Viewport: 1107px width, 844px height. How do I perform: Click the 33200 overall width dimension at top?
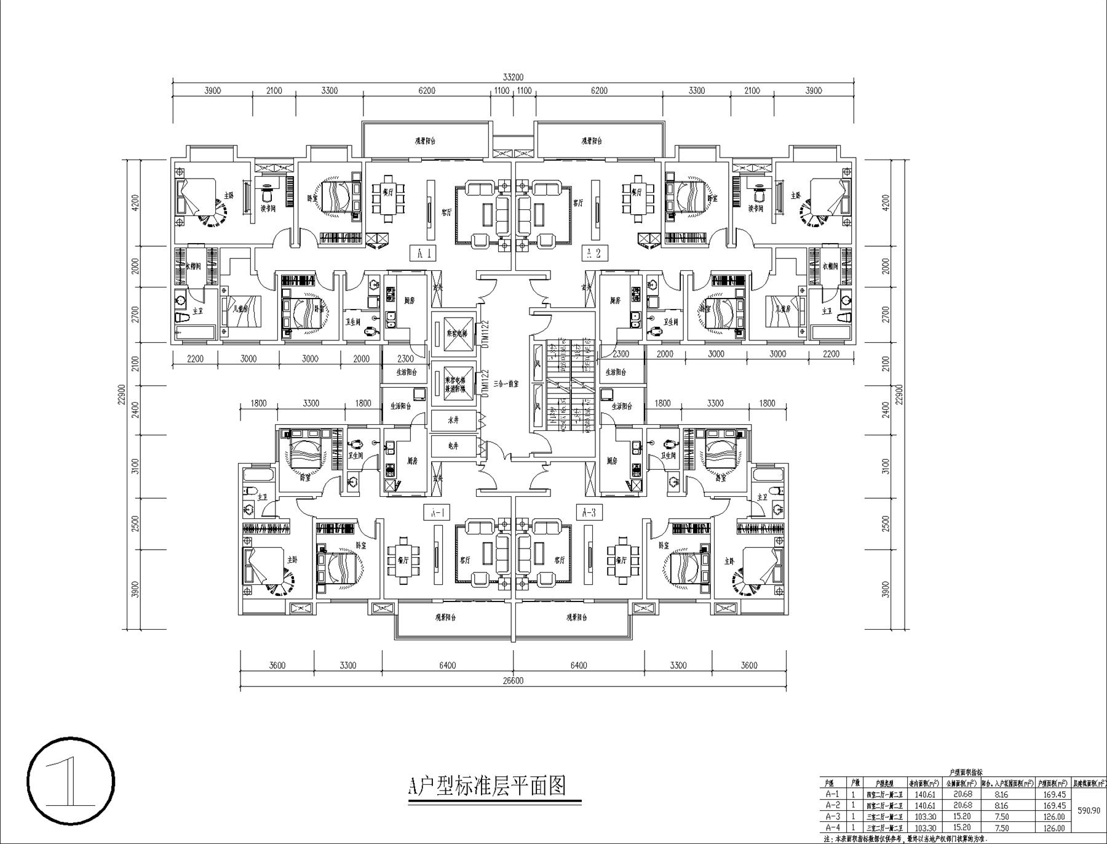coord(512,77)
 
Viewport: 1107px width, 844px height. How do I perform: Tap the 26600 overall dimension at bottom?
coord(512,681)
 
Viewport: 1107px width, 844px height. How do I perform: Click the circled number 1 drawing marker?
coord(71,782)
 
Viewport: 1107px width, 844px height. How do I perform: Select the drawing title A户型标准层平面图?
coord(487,786)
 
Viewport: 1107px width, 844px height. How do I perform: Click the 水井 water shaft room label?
coord(453,420)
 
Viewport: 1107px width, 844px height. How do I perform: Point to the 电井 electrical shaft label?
coord(453,446)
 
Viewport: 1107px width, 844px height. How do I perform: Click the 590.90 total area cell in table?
coord(1089,811)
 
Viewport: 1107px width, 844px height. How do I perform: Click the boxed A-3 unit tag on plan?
coord(588,512)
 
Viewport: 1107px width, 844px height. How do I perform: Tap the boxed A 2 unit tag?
coord(594,253)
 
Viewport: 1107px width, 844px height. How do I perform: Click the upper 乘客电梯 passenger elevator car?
coord(453,332)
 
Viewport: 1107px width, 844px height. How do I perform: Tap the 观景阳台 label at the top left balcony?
coord(425,141)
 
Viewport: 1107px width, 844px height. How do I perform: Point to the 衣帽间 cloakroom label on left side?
coord(196,267)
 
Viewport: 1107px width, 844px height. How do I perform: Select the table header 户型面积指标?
coord(962,772)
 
